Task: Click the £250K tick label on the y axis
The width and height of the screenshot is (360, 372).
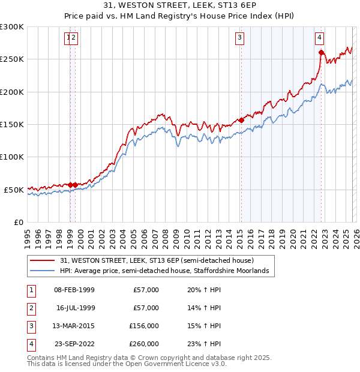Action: pyautogui.click(x=12, y=59)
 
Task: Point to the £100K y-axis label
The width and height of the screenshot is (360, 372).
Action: pyautogui.click(x=12, y=157)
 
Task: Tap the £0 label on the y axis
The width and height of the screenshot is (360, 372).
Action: pyautogui.click(x=18, y=222)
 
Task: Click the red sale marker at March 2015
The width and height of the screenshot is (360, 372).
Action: pyautogui.click(x=241, y=120)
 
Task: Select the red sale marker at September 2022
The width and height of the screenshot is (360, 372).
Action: pyautogui.click(x=321, y=53)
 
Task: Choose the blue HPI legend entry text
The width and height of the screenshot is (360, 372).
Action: pyautogui.click(x=168, y=271)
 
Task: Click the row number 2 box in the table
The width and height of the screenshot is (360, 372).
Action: pyautogui.click(x=30, y=308)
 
